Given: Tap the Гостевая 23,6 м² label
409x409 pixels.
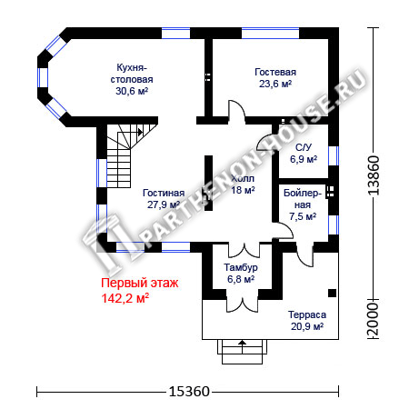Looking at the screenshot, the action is pyautogui.click(x=275, y=78).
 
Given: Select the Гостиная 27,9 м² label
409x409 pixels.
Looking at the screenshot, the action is pyautogui.click(x=164, y=199).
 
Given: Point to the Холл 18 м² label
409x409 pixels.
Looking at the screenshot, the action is pyautogui.click(x=243, y=185).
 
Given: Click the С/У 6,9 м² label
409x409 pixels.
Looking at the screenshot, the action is pyautogui.click(x=304, y=154).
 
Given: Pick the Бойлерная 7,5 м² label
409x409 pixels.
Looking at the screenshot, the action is pyautogui.click(x=303, y=204).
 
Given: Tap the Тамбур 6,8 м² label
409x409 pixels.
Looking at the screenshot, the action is pyautogui.click(x=241, y=273).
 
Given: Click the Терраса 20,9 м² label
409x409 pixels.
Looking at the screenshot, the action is pyautogui.click(x=307, y=321).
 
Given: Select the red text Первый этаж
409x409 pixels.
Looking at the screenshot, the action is pyautogui.click(x=140, y=283).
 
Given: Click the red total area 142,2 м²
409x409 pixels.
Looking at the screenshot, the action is pyautogui.click(x=125, y=298).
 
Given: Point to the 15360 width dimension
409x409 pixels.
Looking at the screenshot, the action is pyautogui.click(x=189, y=392).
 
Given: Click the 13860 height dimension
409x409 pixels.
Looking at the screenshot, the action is pyautogui.click(x=374, y=175).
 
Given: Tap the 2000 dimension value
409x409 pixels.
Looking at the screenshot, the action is pyautogui.click(x=374, y=319).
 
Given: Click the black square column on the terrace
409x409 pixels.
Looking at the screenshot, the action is pyautogui.click(x=332, y=293).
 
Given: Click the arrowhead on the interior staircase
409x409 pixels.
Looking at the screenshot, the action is pyautogui.click(x=140, y=132).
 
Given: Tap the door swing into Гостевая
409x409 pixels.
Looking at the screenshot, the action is pyautogui.click(x=236, y=113).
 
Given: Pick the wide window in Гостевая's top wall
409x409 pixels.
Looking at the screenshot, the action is pyautogui.click(x=270, y=34).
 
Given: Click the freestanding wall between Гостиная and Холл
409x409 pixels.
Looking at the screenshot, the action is pyautogui.click(x=208, y=183).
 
